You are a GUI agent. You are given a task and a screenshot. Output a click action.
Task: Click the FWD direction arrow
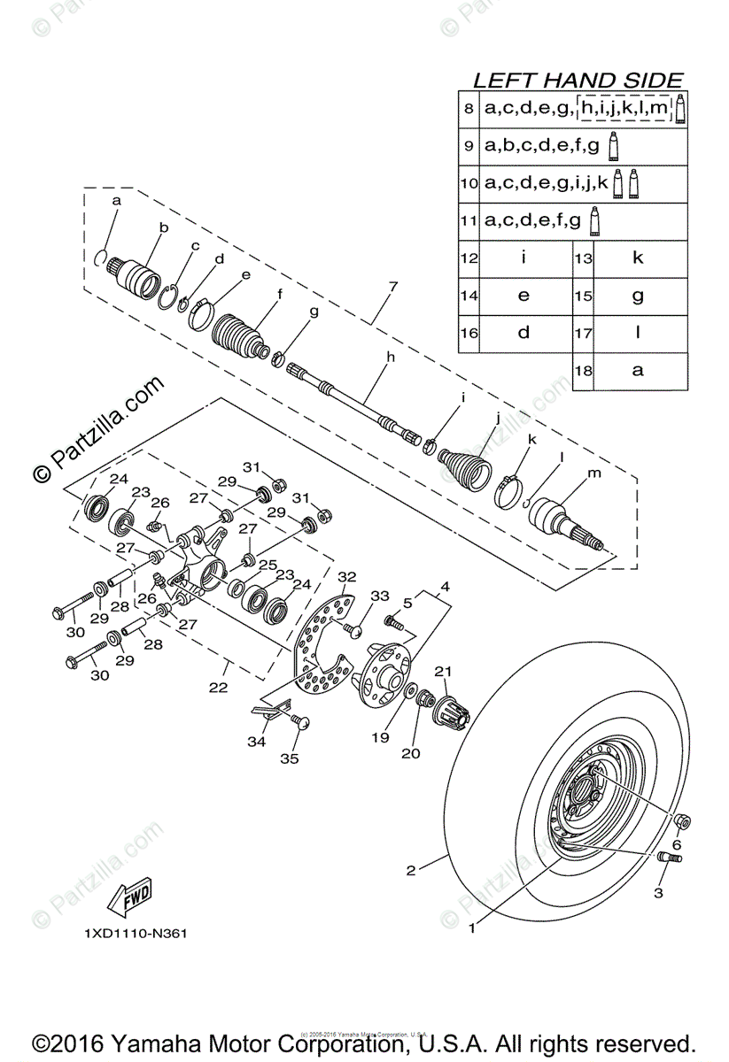coord(128,897)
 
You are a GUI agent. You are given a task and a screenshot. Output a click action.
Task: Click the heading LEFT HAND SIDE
coord(578,81)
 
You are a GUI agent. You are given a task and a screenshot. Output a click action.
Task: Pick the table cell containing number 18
coord(583,372)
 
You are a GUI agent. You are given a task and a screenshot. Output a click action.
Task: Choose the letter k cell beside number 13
coord(638,258)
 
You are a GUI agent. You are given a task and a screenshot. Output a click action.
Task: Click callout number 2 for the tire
coord(411,870)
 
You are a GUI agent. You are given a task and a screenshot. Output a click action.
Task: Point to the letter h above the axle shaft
coord(388,358)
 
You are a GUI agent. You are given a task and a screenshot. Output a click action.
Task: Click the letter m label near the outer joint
coord(594,473)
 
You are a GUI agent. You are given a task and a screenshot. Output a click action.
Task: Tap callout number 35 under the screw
coord(290,758)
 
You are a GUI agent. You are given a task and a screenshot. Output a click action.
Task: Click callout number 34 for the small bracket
coord(256,742)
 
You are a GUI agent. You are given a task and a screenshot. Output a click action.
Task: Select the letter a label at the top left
coord(116,202)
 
